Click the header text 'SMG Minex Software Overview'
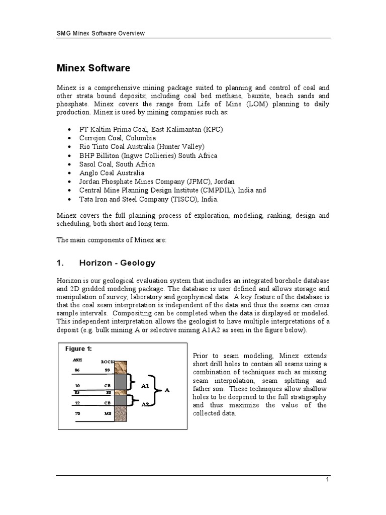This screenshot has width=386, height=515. (100, 34)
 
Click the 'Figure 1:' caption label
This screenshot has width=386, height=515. (78, 349)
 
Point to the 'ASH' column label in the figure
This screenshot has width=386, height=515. (77, 360)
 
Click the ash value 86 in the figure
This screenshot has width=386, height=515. (77, 370)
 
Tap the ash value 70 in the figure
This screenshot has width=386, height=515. (77, 413)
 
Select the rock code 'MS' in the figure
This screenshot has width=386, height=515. (108, 413)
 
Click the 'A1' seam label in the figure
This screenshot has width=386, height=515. (145, 386)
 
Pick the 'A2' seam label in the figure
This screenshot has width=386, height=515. (145, 404)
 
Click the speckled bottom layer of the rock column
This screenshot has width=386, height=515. (122, 415)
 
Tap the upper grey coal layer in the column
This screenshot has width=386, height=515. (122, 381)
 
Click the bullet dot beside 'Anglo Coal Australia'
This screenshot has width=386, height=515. (69, 173)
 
